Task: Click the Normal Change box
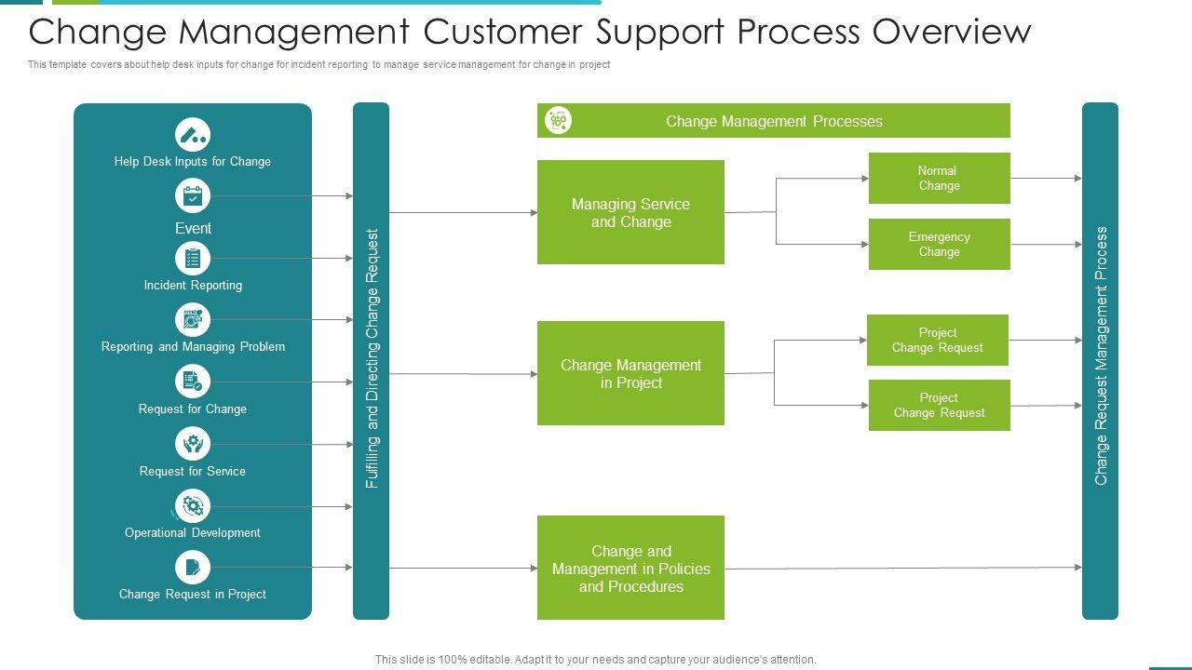(x=939, y=178)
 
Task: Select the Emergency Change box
(x=939, y=244)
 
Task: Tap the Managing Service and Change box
(x=630, y=212)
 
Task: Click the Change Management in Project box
(x=630, y=373)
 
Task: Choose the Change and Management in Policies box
(x=630, y=568)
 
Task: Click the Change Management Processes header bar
(x=774, y=121)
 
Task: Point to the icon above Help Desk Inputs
(x=193, y=135)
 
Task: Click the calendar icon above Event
(x=193, y=196)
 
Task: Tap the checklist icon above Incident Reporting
(x=193, y=259)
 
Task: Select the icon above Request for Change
(x=193, y=382)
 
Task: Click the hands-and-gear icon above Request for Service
(x=193, y=444)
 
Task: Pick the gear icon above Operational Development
(x=193, y=506)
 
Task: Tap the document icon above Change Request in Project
(x=193, y=568)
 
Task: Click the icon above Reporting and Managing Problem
(x=193, y=320)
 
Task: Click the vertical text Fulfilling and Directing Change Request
(x=372, y=359)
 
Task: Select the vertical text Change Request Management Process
(x=1101, y=355)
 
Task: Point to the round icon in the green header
(x=558, y=121)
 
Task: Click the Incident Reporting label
(x=193, y=286)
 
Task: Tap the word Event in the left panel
(x=193, y=228)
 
